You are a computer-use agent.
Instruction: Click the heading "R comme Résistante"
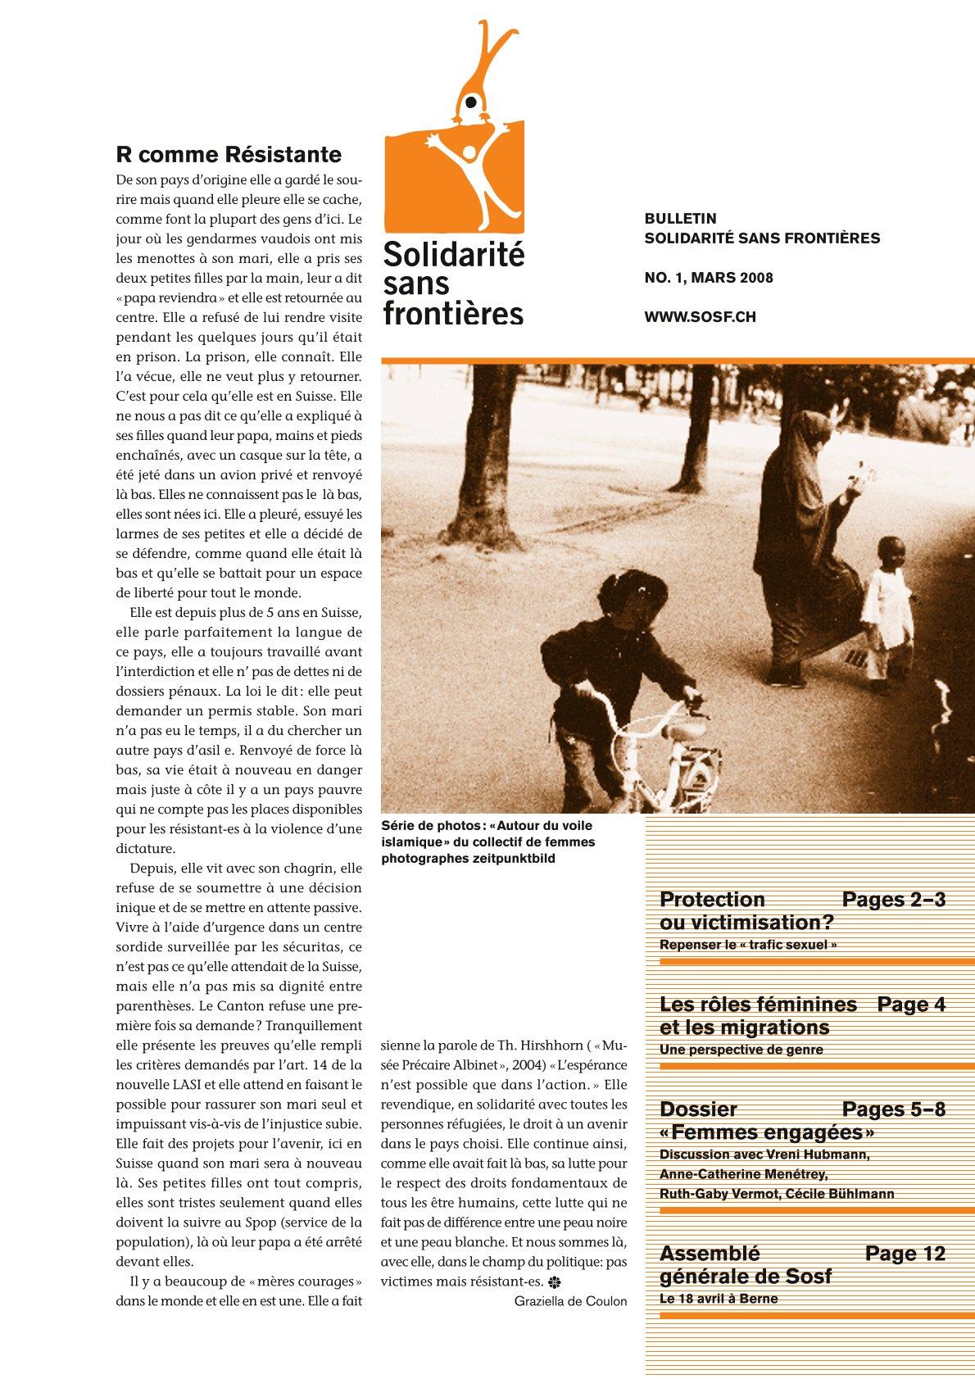[x=229, y=154]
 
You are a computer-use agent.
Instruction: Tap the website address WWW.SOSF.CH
[x=700, y=317]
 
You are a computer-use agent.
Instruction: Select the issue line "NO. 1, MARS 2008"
[x=709, y=278]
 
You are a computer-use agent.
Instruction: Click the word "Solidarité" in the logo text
[x=453, y=255]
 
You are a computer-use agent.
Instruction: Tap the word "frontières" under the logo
[x=453, y=313]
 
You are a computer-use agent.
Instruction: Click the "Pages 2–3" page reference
[x=893, y=900]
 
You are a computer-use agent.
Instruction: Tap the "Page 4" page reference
[x=911, y=1005]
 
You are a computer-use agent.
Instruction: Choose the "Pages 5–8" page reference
[x=893, y=1109]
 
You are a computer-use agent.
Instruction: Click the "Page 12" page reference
[x=905, y=1254]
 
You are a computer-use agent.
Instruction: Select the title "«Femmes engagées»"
[x=767, y=1132]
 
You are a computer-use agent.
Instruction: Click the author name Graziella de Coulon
[x=570, y=1301]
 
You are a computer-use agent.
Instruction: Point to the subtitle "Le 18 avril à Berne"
[x=719, y=1299]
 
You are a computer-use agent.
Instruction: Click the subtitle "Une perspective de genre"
[x=741, y=1050]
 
